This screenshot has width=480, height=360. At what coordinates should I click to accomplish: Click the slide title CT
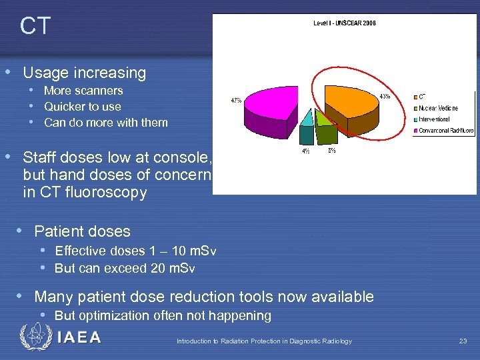(x=35, y=27)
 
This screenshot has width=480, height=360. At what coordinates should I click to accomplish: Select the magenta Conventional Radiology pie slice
(x=267, y=110)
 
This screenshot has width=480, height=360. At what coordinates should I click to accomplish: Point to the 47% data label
(x=236, y=101)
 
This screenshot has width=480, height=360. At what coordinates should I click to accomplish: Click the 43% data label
(x=385, y=96)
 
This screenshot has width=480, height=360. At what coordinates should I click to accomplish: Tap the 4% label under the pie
(x=305, y=151)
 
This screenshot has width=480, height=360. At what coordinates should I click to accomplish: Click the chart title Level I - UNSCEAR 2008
(x=344, y=23)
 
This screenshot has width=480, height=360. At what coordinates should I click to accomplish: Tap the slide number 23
(x=463, y=341)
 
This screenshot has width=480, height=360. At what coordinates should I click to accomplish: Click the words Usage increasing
(x=85, y=73)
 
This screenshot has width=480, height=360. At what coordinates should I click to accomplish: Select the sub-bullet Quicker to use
(x=83, y=107)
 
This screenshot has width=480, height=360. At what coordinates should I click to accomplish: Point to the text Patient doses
(x=82, y=231)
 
